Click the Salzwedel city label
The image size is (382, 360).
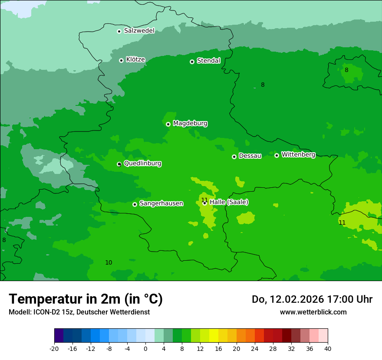point(139,31)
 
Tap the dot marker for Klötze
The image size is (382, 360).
point(121,60)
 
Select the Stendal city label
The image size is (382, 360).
point(208,61)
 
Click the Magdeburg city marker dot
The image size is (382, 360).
point(168,124)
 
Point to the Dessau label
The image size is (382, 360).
point(250,156)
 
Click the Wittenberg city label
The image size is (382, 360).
point(298,154)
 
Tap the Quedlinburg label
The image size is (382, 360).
point(142,164)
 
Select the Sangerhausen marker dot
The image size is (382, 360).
point(135,204)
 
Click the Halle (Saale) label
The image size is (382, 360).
point(229,202)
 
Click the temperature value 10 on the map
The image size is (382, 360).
point(109,262)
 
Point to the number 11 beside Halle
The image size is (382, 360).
point(204,200)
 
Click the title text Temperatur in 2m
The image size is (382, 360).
point(86,299)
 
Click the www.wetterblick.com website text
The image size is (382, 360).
point(313,312)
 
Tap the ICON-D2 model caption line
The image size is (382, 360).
point(79,312)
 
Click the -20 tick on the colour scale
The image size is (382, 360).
point(54,348)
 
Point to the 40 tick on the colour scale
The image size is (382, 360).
point(328,348)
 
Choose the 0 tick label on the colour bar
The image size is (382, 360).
point(145,348)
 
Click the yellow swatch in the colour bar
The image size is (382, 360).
point(214,336)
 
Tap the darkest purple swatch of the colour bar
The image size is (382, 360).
point(59,336)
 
